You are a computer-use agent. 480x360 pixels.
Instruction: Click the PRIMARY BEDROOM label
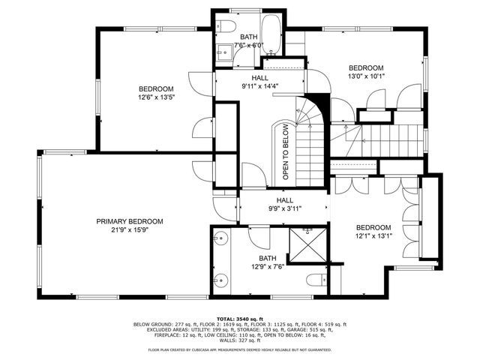(129, 221)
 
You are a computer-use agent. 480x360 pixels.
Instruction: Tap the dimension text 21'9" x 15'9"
(129, 231)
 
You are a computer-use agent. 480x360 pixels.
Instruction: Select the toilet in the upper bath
(225, 27)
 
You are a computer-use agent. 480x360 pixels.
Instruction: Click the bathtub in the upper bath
(272, 35)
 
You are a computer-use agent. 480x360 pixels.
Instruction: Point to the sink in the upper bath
(223, 52)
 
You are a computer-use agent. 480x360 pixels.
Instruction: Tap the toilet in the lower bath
(315, 280)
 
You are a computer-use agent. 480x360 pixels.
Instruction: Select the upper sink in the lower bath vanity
(219, 241)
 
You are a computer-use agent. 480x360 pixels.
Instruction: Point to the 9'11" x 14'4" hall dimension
(259, 87)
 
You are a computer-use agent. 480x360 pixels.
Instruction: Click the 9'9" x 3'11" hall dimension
(284, 210)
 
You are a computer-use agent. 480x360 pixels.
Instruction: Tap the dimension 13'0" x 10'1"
(365, 76)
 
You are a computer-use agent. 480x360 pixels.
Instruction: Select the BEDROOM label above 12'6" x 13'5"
(155, 88)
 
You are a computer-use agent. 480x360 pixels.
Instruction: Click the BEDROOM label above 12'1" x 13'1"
(373, 227)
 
